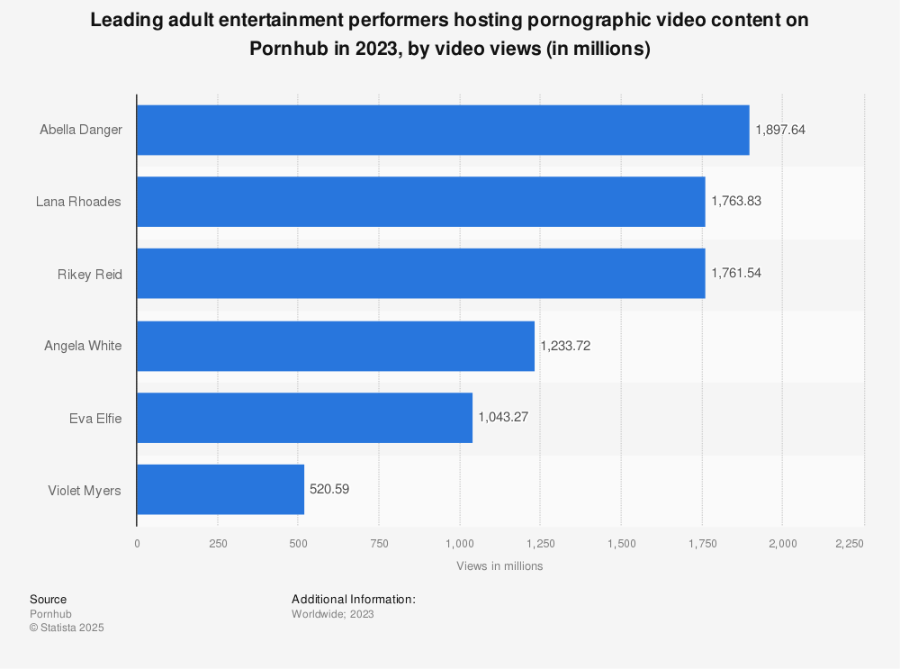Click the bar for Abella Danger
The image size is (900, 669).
(x=443, y=130)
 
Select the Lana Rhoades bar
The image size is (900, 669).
(x=420, y=202)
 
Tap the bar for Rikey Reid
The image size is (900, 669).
(x=420, y=273)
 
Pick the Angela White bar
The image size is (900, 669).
(x=336, y=345)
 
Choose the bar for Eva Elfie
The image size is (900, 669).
(x=304, y=417)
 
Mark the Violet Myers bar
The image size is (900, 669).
(x=220, y=489)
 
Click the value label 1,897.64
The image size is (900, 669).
(x=780, y=130)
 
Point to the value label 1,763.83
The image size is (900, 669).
(x=736, y=202)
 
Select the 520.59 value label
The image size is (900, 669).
(x=329, y=489)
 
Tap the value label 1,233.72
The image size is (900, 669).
(x=565, y=345)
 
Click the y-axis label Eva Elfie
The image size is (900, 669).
(x=95, y=418)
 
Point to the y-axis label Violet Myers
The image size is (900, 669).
(x=85, y=490)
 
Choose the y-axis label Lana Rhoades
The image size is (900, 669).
(x=78, y=202)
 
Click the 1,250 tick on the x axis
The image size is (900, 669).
(x=540, y=544)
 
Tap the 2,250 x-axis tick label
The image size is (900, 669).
(x=850, y=544)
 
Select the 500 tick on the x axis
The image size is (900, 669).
(x=298, y=544)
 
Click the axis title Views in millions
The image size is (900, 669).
(x=499, y=566)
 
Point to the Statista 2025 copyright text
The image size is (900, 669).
(x=67, y=628)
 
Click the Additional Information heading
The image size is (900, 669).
(x=354, y=599)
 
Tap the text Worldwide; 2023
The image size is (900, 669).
(x=333, y=614)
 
